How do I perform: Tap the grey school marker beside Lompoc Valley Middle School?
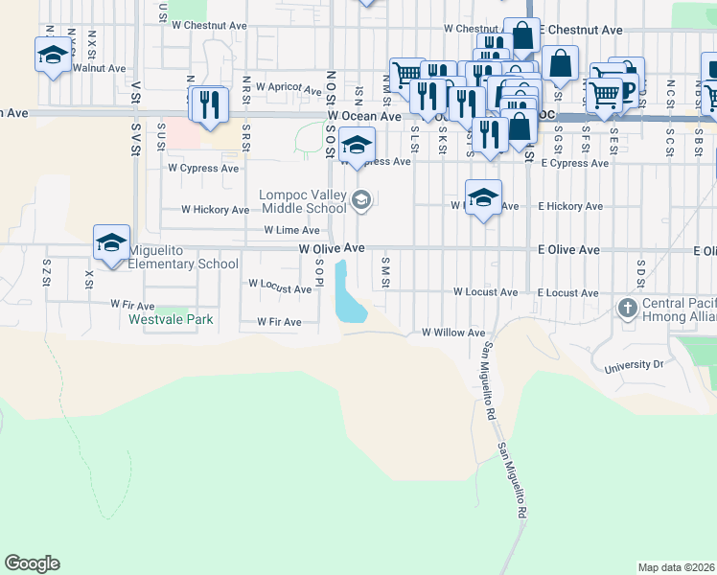pyautogui.click(x=361, y=200)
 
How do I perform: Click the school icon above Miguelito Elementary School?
pyautogui.click(x=111, y=242)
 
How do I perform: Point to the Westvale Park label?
pyautogui.click(x=172, y=319)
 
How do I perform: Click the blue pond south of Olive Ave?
pyautogui.click(x=347, y=299)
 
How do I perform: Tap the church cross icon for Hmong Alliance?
pyautogui.click(x=628, y=308)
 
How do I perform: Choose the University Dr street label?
pyautogui.click(x=634, y=365)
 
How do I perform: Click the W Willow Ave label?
pyautogui.click(x=453, y=333)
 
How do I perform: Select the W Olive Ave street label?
pyautogui.click(x=332, y=247)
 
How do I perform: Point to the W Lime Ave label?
pyautogui.click(x=291, y=230)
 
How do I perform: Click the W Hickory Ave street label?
pyautogui.click(x=216, y=209)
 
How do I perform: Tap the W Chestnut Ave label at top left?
pyautogui.click(x=208, y=25)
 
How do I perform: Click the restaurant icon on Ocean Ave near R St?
pyautogui.click(x=210, y=104)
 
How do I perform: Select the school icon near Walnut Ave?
pyautogui.click(x=53, y=55)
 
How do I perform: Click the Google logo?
pyautogui.click(x=32, y=563)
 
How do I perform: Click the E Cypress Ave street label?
pyautogui.click(x=573, y=163)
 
